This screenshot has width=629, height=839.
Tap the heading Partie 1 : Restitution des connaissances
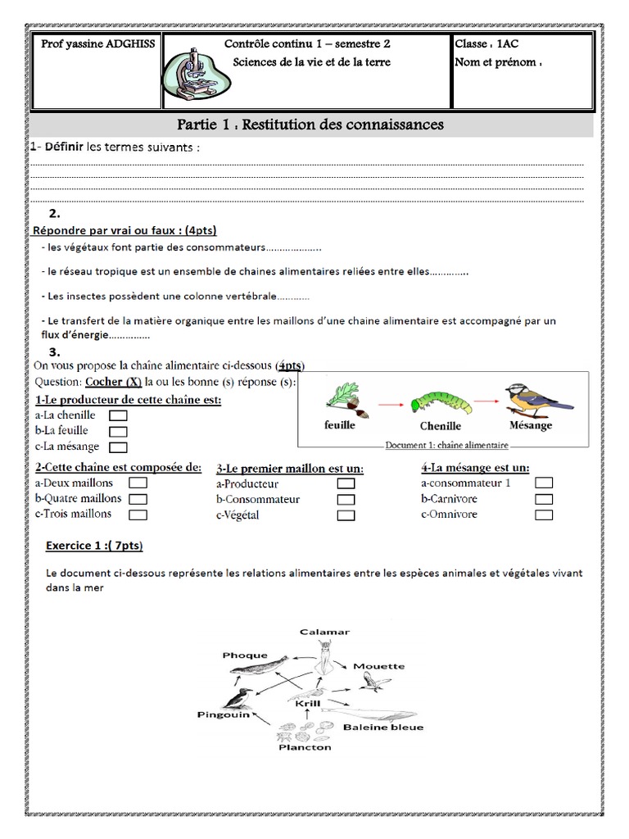[310, 125]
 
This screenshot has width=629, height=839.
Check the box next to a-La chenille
[118, 415]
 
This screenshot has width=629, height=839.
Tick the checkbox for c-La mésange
[118, 447]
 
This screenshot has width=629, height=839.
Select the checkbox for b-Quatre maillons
[138, 499]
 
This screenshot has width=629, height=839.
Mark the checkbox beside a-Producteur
[346, 483]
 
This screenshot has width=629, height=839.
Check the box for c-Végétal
[346, 515]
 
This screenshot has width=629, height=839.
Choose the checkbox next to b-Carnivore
[544, 499]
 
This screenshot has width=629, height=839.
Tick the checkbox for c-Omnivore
[544, 515]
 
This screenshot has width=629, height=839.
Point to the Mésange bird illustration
[532, 397]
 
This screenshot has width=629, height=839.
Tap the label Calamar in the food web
[324, 632]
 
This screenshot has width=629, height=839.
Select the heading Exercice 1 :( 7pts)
[99, 545]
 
